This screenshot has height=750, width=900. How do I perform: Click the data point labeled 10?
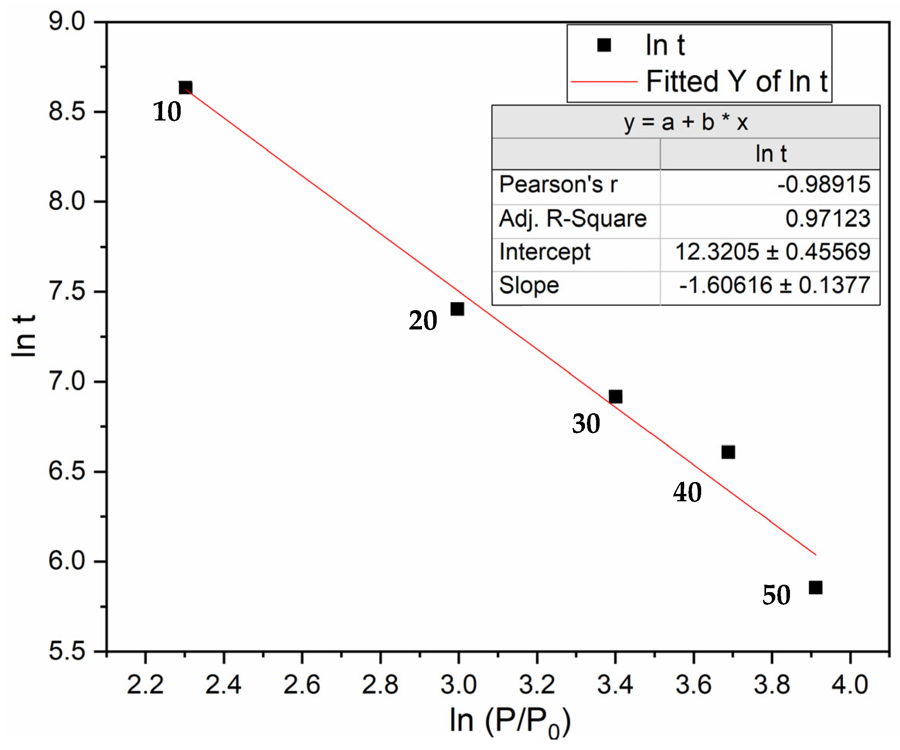[185, 88]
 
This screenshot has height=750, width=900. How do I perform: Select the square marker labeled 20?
[457, 309]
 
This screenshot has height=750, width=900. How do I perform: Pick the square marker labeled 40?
[728, 452]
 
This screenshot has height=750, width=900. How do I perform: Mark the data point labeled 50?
[815, 587]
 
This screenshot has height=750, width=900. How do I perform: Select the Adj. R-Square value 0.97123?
[827, 219]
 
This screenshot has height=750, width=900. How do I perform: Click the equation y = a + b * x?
[686, 122]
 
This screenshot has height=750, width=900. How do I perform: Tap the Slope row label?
[529, 285]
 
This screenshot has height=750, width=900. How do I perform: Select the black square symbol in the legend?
[604, 44]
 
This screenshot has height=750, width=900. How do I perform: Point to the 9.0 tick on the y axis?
[67, 21]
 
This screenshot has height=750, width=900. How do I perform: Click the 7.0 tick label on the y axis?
[67, 382]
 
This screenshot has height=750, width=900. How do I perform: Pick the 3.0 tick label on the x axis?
[458, 684]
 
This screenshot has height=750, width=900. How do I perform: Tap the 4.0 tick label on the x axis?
[850, 684]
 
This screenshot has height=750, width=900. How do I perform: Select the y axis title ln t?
[24, 336]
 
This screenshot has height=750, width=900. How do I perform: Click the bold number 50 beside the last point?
[776, 595]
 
